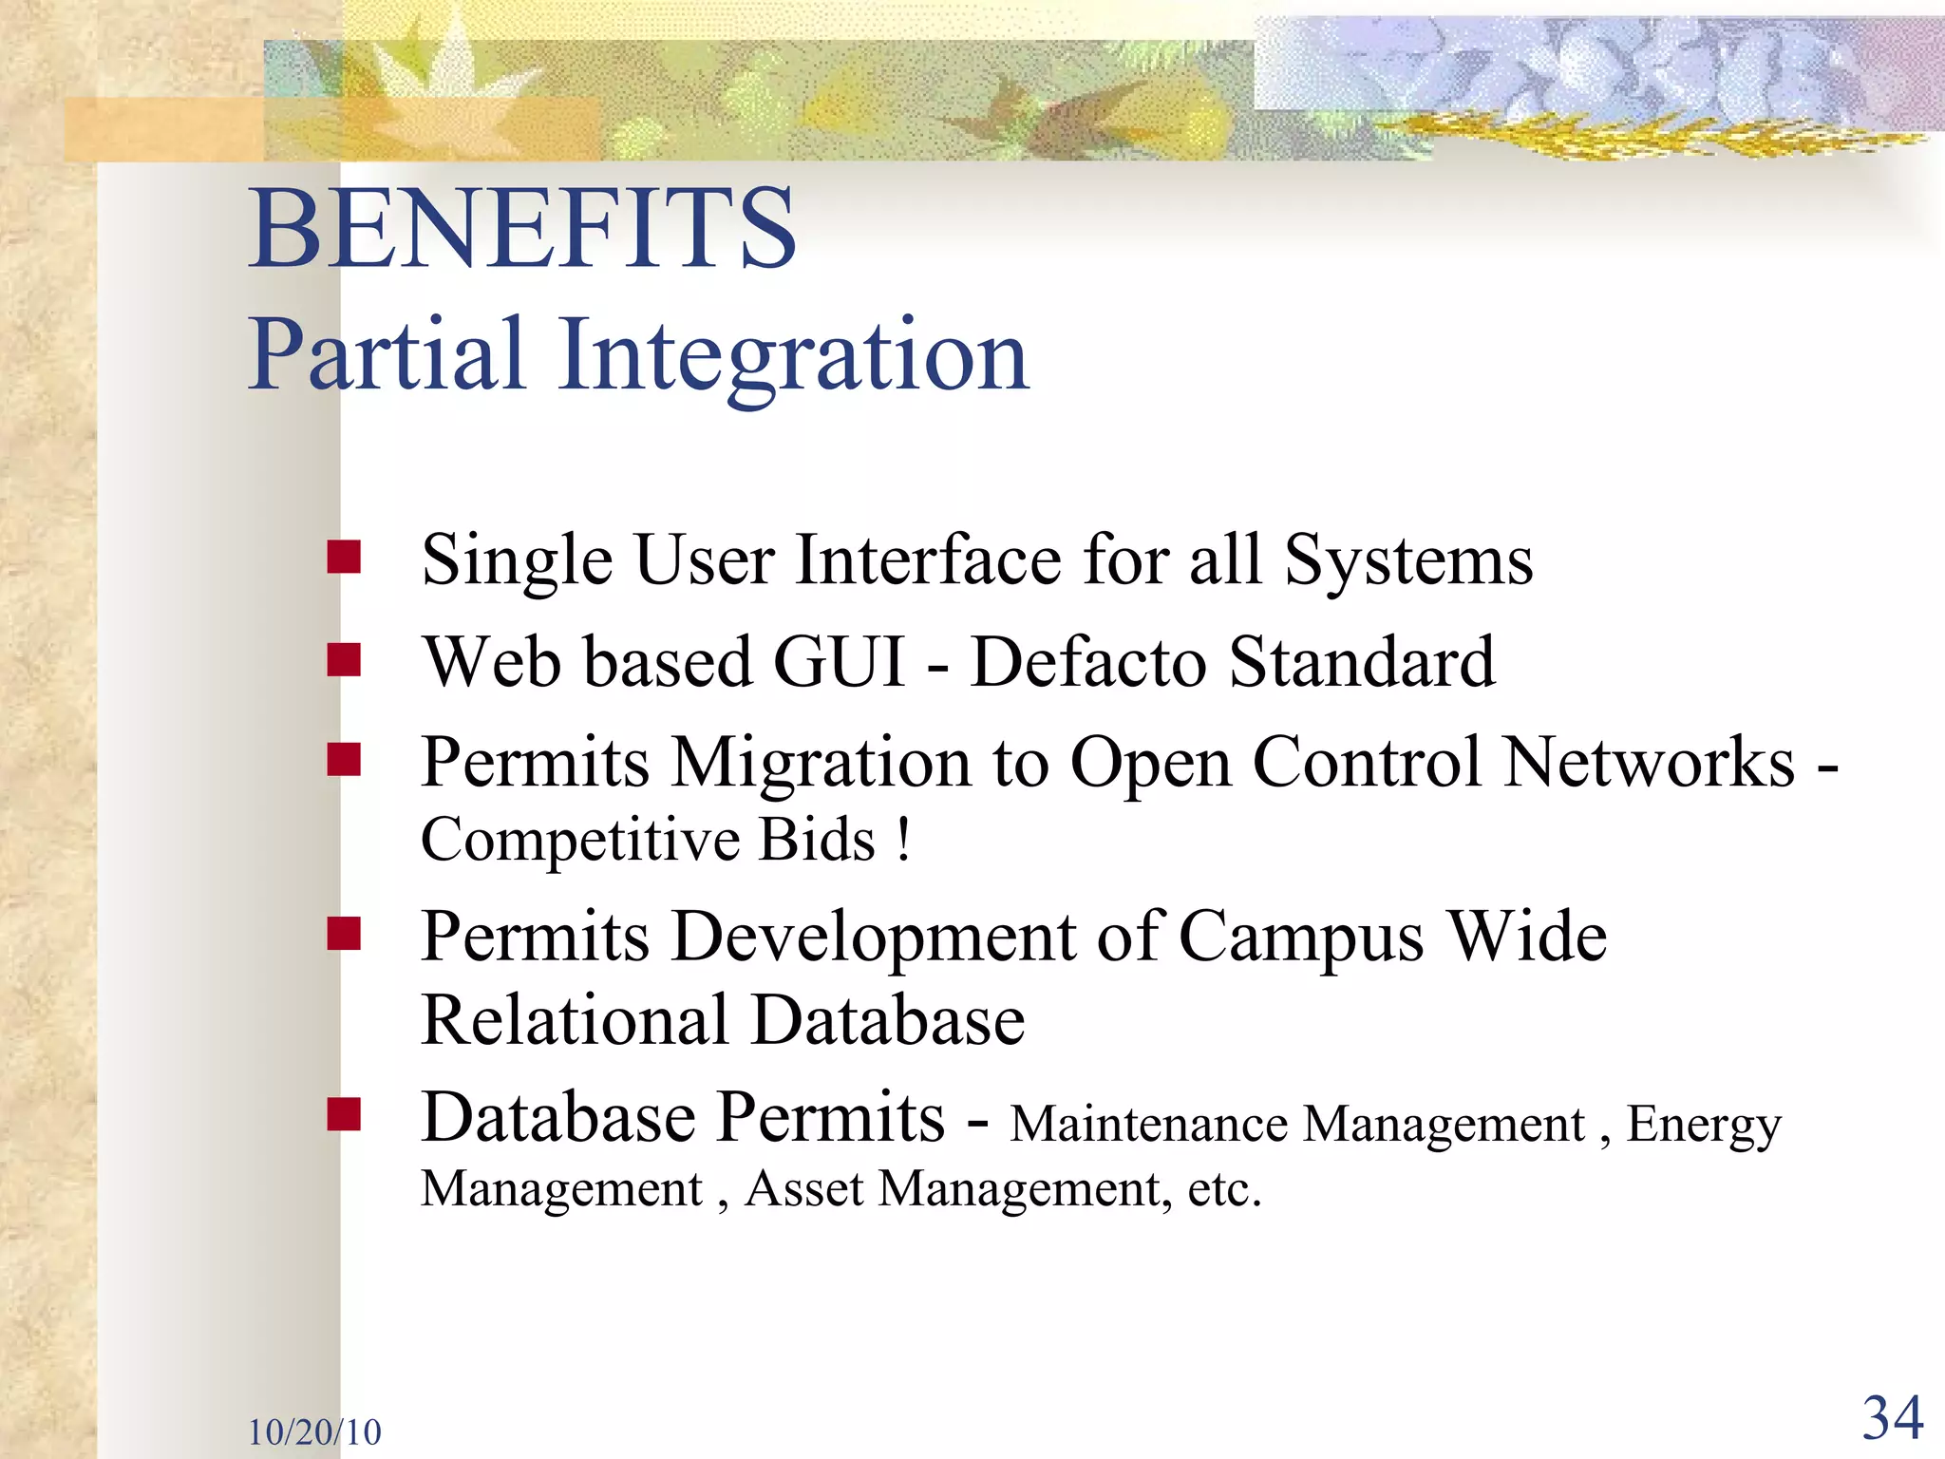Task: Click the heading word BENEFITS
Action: [522, 228]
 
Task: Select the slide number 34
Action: [1892, 1419]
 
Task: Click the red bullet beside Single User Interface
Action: [344, 558]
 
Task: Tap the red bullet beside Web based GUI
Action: [344, 659]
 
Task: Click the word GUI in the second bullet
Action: [840, 661]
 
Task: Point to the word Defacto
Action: [1088, 661]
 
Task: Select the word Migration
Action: [821, 764]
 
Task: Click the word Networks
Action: [1650, 762]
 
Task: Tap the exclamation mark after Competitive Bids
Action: [903, 839]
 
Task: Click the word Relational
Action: [574, 1020]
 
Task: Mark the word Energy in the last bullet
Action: [1704, 1127]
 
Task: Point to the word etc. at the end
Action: [1224, 1189]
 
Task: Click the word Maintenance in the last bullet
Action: [1148, 1125]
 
